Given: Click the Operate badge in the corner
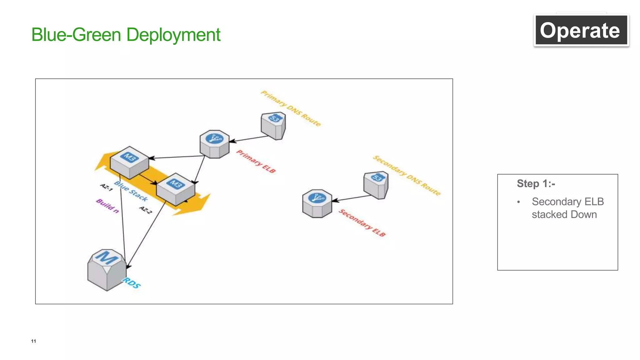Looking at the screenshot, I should tap(581, 30).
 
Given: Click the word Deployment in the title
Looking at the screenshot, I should tap(173, 35).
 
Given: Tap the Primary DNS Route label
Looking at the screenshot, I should tap(291, 108).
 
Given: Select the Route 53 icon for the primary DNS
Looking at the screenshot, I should tap(273, 126).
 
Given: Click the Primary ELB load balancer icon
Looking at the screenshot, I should tap(214, 144).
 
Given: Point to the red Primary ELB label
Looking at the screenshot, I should tap(256, 161).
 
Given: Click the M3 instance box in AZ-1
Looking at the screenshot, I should tap(129, 162).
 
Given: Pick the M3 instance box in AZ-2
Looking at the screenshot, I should tap(175, 189).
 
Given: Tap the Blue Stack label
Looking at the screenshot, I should tap(131, 191).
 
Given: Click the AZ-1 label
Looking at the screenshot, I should tap(106, 187).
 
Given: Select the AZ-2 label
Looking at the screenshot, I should tap(146, 210).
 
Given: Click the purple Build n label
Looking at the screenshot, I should tap(107, 206).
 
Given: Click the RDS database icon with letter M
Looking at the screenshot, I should tap(107, 270).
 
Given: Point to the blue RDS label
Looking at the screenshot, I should tap(132, 283).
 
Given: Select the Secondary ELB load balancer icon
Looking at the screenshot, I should tap(317, 203).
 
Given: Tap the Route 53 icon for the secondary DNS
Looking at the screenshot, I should tap(376, 185).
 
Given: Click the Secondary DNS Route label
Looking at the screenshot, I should tap(407, 175).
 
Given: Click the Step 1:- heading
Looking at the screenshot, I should tap(536, 183).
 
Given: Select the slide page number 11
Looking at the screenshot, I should tap(33, 341).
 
